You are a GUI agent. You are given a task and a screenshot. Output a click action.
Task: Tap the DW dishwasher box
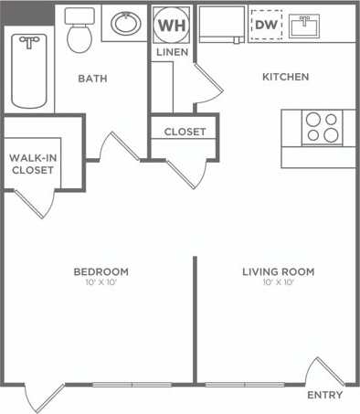coord(267,25)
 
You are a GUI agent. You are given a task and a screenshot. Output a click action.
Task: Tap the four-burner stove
coord(322,127)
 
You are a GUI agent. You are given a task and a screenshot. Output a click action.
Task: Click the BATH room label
coord(92,79)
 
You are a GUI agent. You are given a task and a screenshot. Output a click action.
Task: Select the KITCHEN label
coord(285,77)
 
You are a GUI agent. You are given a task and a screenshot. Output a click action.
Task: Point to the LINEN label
coord(172,53)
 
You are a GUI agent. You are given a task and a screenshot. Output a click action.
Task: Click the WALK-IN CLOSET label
coord(32,165)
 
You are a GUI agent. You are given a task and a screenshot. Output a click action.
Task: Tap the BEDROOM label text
coord(101,271)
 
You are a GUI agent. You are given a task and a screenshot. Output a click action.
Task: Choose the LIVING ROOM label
coord(278,271)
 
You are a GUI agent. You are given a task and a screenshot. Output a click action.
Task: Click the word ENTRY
coord(325,395)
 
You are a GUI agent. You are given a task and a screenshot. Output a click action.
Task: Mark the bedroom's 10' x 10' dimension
coord(101,282)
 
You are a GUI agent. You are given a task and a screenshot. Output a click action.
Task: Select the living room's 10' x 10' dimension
coord(278,282)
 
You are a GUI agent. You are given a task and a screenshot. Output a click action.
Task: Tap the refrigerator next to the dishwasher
coord(221,25)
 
